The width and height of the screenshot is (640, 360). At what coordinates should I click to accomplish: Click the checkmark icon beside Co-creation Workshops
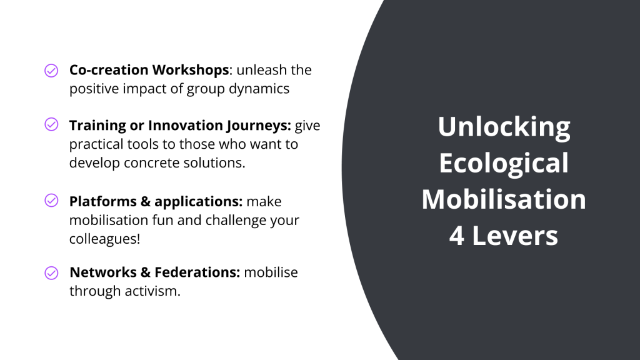pyautogui.click(x=51, y=70)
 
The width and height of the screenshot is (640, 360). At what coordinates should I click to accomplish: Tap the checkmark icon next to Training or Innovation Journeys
pyautogui.click(x=51, y=124)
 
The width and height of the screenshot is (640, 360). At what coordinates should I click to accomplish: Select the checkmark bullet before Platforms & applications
pyautogui.click(x=51, y=201)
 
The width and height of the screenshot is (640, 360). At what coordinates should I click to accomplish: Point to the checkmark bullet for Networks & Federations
pyautogui.click(x=51, y=273)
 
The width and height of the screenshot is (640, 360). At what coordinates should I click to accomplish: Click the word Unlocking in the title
pyautogui.click(x=504, y=127)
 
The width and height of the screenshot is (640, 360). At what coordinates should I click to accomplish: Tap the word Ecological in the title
pyautogui.click(x=504, y=163)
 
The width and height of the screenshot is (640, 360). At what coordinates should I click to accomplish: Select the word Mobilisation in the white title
pyautogui.click(x=504, y=199)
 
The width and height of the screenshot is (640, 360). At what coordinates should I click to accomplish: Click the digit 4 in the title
pyautogui.click(x=456, y=236)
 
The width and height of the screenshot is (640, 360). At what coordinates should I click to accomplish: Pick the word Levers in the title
pyautogui.click(x=515, y=236)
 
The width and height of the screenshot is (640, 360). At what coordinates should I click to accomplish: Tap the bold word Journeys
pyautogui.click(x=258, y=126)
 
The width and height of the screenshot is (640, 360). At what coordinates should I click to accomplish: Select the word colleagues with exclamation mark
pyautogui.click(x=104, y=239)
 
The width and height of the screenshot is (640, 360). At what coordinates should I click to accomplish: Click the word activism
pyautogui.click(x=152, y=291)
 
